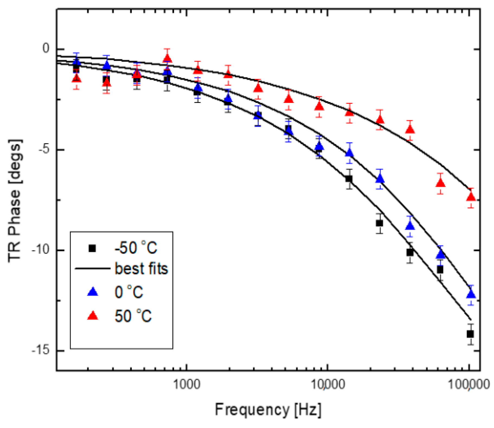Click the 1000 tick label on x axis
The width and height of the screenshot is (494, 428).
click(187, 385)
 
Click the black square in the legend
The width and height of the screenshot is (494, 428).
click(92, 248)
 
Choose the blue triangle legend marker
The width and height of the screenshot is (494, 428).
click(92, 292)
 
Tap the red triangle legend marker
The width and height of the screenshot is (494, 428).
click(92, 315)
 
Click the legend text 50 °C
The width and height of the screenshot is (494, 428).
click(133, 316)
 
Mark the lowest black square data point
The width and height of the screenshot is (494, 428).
click(470, 334)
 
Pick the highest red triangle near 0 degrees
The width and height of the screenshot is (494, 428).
click(167, 58)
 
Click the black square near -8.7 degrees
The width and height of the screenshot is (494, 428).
click(379, 223)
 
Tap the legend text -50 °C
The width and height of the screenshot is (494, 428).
click(136, 248)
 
